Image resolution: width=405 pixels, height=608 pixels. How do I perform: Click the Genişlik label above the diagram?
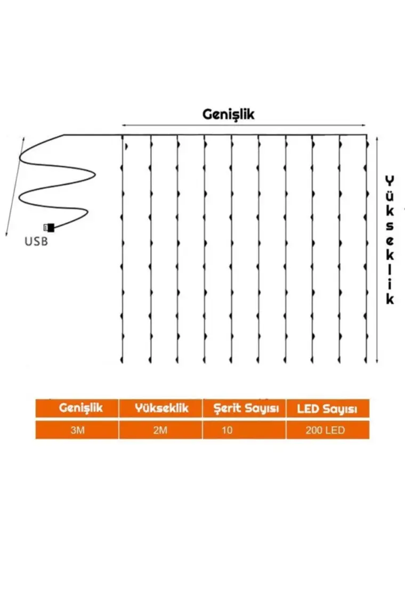pos(229,114)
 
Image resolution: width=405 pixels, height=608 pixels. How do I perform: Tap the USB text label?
pos(36,242)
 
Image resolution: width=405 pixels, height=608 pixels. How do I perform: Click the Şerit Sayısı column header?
pos(244,409)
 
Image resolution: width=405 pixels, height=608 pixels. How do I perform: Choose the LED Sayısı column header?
pos(328,409)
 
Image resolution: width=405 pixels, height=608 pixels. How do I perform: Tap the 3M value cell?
pos(77,430)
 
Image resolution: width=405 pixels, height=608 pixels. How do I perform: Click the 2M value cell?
pos(160,430)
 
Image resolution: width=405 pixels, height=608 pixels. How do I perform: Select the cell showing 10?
pos(228,430)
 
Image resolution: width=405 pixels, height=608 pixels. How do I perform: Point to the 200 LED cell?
pos(325,430)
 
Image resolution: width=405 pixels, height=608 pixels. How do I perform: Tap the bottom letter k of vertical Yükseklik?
pos(391,298)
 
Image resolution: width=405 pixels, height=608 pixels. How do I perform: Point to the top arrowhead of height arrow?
pos(377,138)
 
